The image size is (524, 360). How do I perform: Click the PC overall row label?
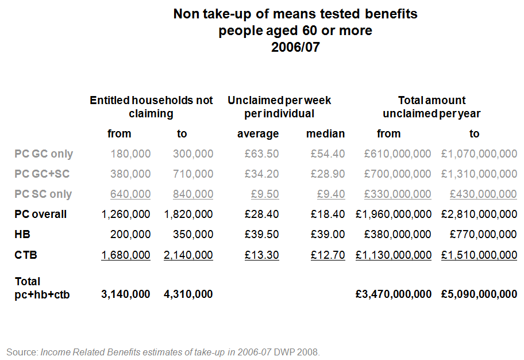pyautogui.click(x=40, y=215)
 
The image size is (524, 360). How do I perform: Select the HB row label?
pyautogui.click(x=22, y=235)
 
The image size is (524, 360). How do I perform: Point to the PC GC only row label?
pyautogui.click(x=44, y=154)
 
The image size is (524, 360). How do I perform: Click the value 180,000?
pyautogui.click(x=130, y=154)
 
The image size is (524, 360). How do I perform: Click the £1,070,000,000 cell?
pyautogui.click(x=479, y=154)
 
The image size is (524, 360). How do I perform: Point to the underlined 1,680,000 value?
pyautogui.click(x=126, y=255)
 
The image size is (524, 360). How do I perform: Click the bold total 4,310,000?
pyautogui.click(x=188, y=294)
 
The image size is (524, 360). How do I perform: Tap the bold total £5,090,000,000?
pyautogui.click(x=479, y=294)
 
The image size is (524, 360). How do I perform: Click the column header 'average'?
pyautogui.click(x=258, y=134)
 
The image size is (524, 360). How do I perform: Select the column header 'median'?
pyautogui.click(x=325, y=134)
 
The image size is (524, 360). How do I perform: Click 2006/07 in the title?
pyautogui.click(x=295, y=47)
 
